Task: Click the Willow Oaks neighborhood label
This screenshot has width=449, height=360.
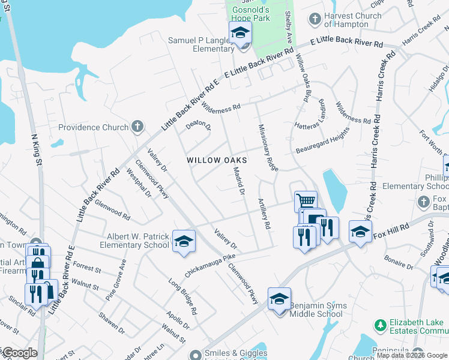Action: pos(217,160)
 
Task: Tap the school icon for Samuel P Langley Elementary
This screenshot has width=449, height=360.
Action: pos(240,34)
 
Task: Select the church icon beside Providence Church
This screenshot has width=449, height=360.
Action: pos(137,127)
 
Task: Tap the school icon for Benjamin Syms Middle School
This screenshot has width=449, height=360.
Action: pos(280,299)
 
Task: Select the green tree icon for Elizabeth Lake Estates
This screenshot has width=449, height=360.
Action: pos(379,325)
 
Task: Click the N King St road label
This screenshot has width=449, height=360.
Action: pos(36,150)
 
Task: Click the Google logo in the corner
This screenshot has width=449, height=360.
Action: pos(19,353)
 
